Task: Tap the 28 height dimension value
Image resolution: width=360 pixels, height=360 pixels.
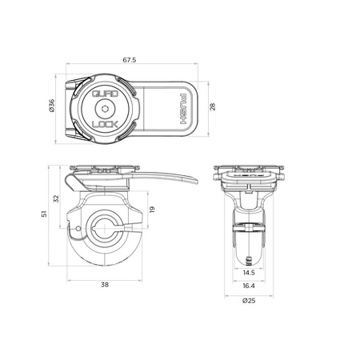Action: coord(213,108)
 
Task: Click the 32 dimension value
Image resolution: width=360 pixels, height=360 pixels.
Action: coord(55,198)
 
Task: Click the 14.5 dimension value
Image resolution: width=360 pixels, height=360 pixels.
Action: coord(250,274)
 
